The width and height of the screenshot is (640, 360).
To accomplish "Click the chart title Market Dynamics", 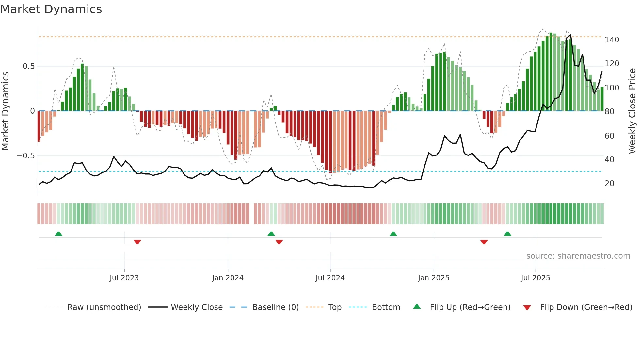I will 51,9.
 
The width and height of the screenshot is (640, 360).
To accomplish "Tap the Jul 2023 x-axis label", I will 124,278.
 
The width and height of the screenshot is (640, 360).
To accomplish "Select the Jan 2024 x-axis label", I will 228,278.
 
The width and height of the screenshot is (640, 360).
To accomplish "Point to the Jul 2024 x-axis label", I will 330,278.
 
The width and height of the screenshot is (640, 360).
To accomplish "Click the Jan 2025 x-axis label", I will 433,278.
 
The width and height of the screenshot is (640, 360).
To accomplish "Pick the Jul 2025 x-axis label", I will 535,278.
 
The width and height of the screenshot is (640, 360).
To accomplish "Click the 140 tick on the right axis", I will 612,40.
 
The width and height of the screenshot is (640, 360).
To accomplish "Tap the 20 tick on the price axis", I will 609,184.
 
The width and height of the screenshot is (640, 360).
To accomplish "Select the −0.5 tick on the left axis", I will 26,156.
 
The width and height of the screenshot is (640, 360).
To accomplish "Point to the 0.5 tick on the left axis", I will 28,66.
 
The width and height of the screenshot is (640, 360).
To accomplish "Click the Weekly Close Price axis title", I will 632,111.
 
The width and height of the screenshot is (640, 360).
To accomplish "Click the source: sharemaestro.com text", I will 578,256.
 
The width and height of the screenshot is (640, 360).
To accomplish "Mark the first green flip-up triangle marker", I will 58,234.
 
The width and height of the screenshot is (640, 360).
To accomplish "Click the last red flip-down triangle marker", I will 484,242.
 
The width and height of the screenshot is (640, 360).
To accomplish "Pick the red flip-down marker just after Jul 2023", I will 137,242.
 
